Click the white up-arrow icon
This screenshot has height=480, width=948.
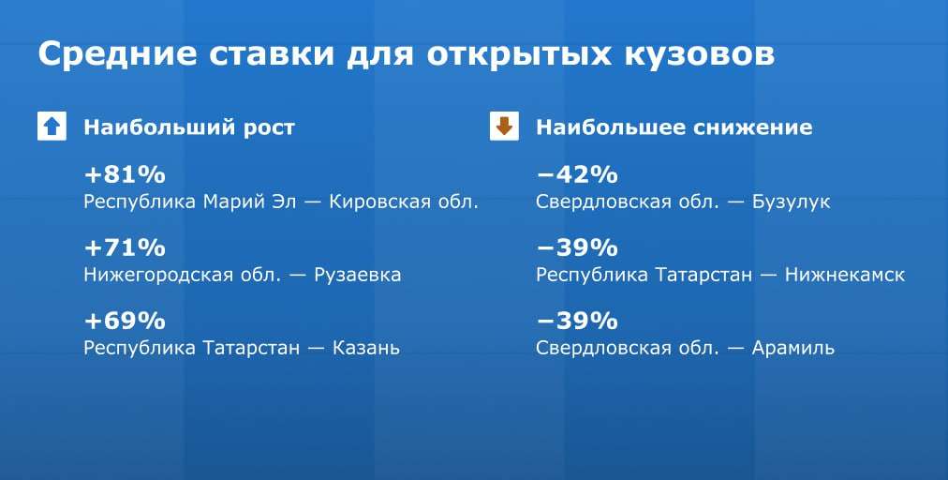click(x=52, y=127)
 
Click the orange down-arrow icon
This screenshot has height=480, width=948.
click(x=504, y=127)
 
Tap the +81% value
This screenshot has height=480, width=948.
click(x=125, y=175)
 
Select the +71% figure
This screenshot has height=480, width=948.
click(x=125, y=247)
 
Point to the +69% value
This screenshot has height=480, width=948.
click(x=125, y=321)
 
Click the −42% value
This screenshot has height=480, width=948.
click(x=577, y=175)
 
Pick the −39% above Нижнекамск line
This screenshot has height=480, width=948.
click(x=577, y=247)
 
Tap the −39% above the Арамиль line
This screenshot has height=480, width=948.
click(x=577, y=321)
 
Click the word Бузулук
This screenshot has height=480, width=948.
click(x=792, y=202)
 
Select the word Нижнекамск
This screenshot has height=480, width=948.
click(x=845, y=275)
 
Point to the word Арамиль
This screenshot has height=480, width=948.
click(x=793, y=348)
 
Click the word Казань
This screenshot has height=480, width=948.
click(x=366, y=348)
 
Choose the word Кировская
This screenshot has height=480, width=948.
click(x=376, y=202)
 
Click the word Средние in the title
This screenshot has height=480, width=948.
click(x=117, y=53)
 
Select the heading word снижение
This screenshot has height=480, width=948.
click(x=753, y=127)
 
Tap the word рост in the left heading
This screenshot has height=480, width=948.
click(x=269, y=128)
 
